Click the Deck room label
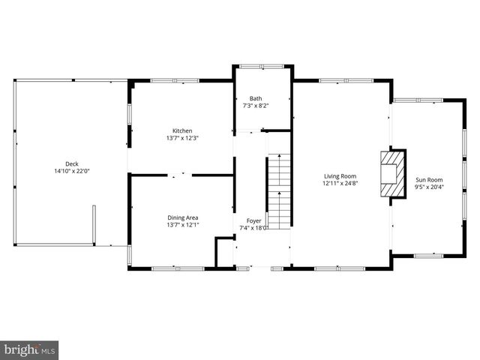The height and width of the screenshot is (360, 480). point(71,163)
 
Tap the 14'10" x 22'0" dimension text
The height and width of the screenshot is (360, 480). point(71,171)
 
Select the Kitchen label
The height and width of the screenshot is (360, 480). point(182,130)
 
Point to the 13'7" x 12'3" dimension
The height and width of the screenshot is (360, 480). point(182,138)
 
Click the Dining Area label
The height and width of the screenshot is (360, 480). point(182,217)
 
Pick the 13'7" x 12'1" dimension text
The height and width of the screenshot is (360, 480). point(182,225)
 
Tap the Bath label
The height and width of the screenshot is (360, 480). point(256,98)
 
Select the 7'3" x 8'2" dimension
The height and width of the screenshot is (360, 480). point(256,106)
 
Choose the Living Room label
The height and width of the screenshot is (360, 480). point(340,175)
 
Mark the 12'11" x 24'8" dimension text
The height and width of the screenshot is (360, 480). point(340,183)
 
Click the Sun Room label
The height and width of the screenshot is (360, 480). point(430,179)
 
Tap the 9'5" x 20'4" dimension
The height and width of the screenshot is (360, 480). point(430,187)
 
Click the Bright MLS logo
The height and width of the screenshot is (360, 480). point(29,349)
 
